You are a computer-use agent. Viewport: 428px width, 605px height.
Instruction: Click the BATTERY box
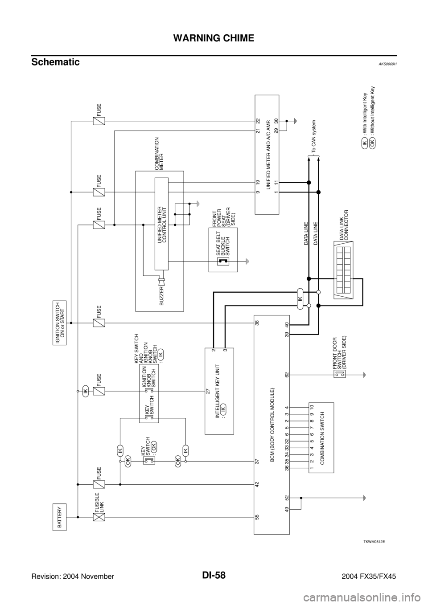[x=60, y=517]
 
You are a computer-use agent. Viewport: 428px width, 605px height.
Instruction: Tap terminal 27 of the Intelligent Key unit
[x=208, y=392]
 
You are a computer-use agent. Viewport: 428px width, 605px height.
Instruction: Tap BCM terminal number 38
[x=257, y=323]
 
